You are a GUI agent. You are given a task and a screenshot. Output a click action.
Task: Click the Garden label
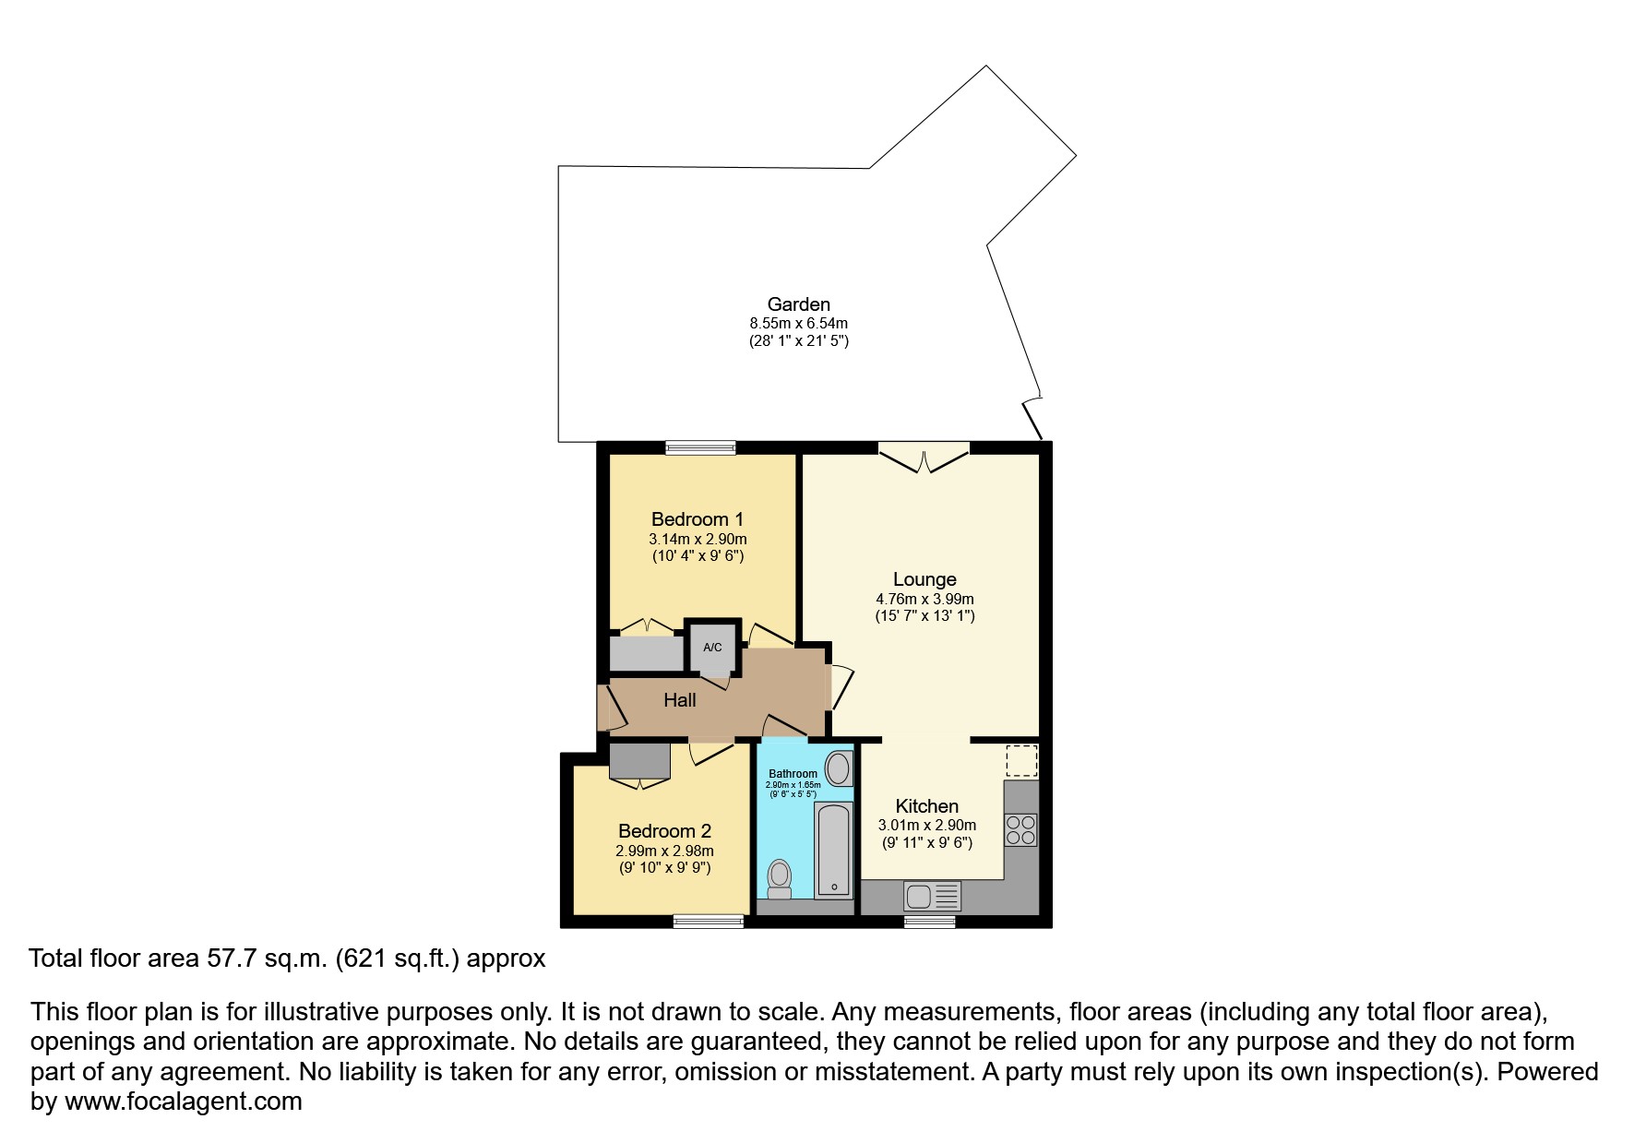[798, 304]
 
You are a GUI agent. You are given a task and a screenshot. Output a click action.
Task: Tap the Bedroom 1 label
[697, 519]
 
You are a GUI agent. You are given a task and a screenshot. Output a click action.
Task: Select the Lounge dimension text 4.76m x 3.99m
[924, 599]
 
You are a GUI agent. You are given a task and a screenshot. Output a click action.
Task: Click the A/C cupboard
[712, 647]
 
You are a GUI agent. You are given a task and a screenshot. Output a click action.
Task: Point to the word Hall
[680, 700]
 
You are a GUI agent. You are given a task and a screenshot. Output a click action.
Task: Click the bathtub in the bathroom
[833, 849]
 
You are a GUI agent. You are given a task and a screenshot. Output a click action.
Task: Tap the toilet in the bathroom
[780, 877]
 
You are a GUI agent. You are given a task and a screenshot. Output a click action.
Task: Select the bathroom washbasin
[838, 768]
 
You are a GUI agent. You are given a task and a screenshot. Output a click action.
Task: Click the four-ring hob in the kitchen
[1020, 828]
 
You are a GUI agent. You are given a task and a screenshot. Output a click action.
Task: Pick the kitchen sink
[932, 896]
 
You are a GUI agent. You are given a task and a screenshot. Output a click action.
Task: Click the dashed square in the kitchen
[1020, 761]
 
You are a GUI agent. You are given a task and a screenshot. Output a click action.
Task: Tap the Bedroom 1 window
[701, 447]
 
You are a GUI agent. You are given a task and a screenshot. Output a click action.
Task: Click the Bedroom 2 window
[708, 921]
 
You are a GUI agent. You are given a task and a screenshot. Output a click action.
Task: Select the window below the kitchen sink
[929, 921]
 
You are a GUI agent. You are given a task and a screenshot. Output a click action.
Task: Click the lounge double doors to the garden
[924, 457]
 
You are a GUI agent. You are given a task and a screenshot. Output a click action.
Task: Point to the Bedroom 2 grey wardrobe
[639, 761]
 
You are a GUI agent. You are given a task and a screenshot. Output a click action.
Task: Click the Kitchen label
[926, 806]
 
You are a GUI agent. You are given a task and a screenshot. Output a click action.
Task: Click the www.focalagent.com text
[183, 1101]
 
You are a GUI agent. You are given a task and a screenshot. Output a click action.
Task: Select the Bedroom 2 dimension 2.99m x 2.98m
[664, 851]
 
